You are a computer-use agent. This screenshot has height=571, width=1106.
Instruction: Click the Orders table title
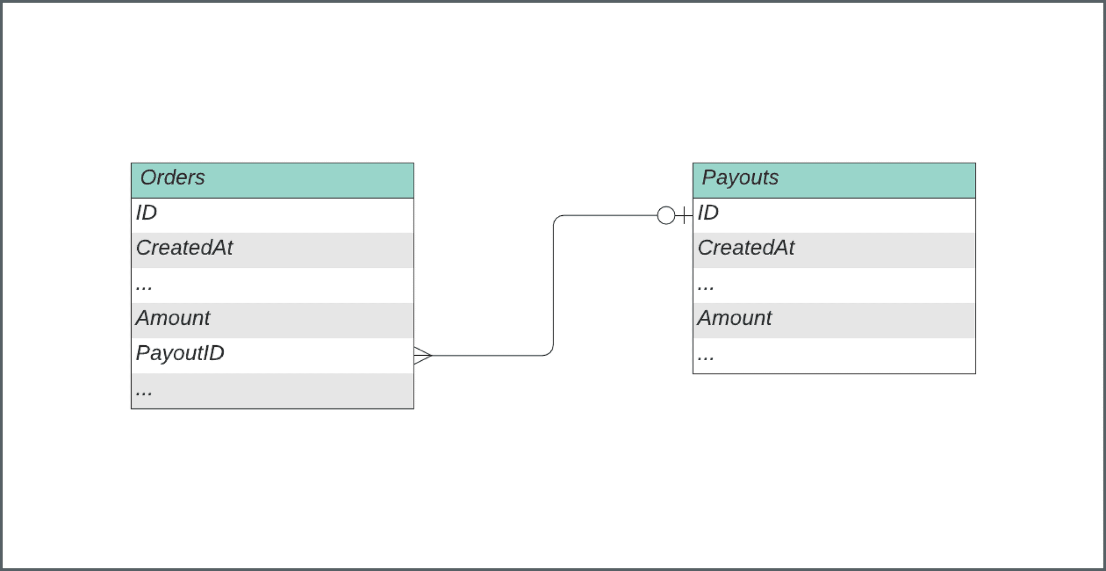coord(173,178)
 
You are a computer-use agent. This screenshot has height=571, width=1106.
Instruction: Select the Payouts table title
coord(740,178)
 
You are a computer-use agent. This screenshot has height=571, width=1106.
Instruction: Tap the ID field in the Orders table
coord(147,213)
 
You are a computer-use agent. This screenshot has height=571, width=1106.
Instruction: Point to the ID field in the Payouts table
coord(708,213)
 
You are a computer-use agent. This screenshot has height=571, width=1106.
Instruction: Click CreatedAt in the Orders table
coord(184,248)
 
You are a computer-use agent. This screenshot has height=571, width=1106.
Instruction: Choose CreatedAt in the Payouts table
coord(746,248)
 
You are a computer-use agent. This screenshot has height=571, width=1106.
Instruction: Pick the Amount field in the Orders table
coord(173,318)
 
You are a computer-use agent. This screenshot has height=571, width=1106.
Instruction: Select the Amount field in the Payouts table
coord(734,318)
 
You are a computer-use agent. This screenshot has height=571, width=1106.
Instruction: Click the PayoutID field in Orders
coord(180,354)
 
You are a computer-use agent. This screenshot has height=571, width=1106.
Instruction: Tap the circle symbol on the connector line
coord(666,215)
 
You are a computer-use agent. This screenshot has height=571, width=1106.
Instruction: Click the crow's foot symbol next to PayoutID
coord(422,355)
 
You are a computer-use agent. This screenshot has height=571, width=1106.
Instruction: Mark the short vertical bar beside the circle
coord(685,215)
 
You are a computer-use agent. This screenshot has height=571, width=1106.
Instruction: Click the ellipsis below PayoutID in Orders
coord(144,392)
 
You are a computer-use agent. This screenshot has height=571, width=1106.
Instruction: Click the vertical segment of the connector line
coord(554,285)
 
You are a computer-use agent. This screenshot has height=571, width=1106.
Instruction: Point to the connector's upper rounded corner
coord(557,219)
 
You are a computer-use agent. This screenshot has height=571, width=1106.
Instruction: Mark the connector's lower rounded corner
coord(550,352)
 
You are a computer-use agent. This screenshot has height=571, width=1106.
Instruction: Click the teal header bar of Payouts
coord(885,180)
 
